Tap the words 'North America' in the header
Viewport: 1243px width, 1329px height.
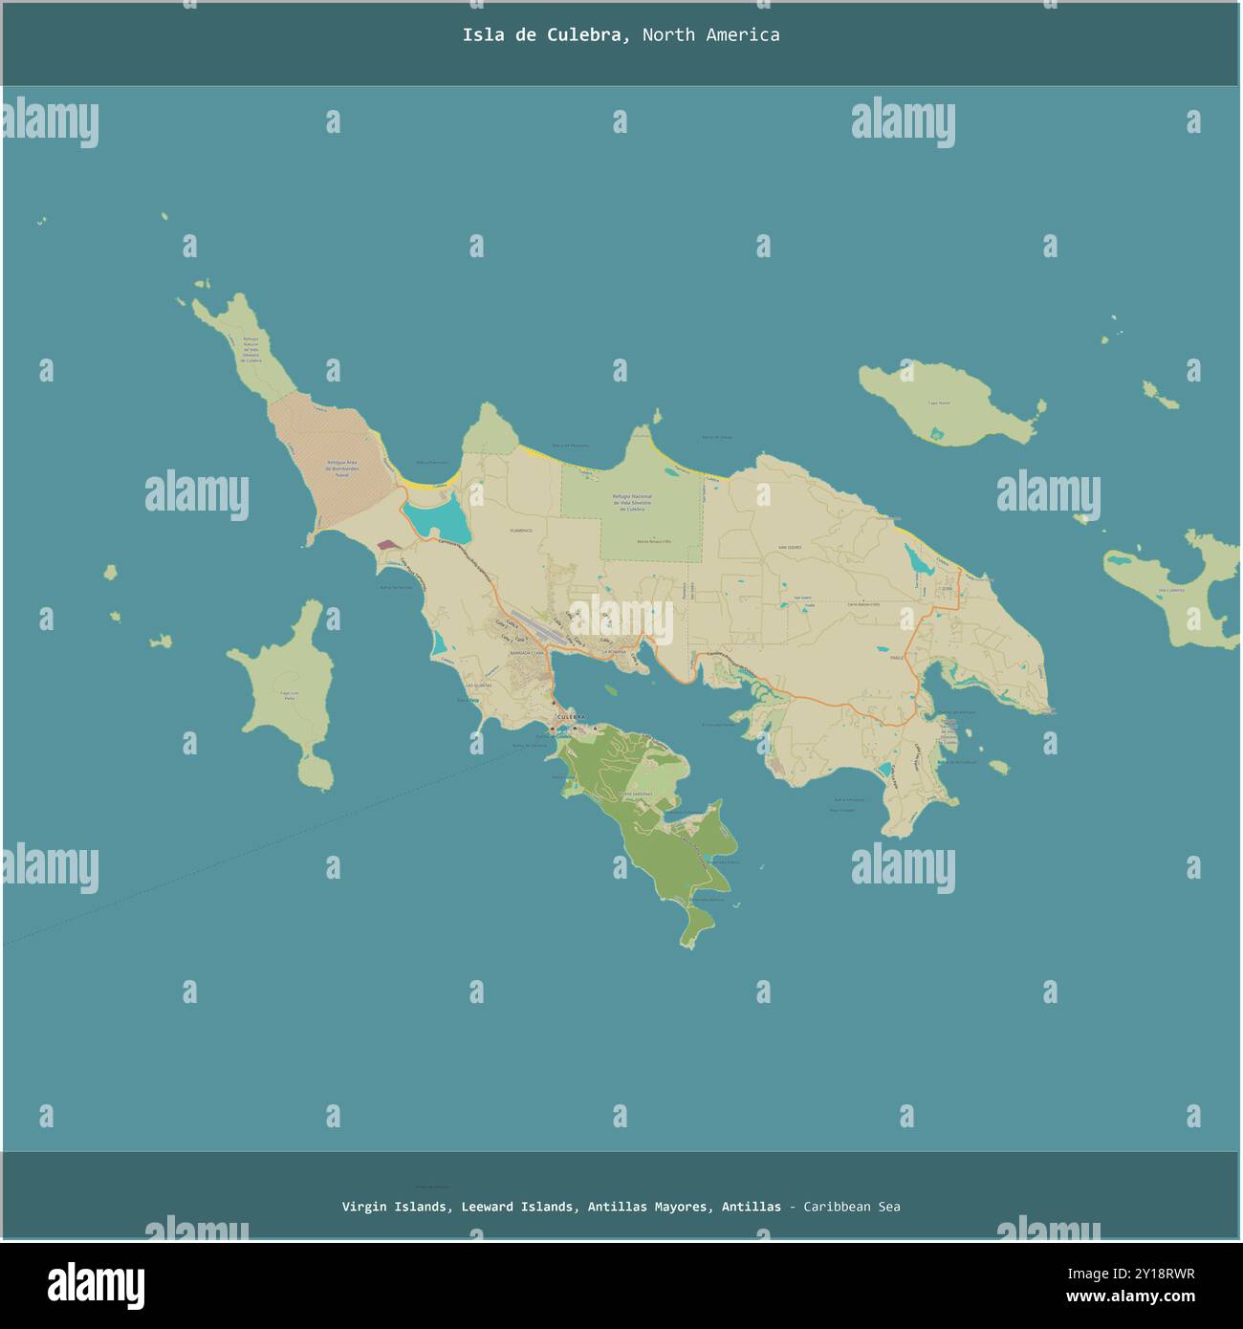(x=710, y=35)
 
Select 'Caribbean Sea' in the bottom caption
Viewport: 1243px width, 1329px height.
(x=851, y=1207)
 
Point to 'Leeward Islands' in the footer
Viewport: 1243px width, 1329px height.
(x=517, y=1207)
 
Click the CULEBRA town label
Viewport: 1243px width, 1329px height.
(x=570, y=715)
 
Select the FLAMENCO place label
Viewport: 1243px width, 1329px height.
(x=520, y=530)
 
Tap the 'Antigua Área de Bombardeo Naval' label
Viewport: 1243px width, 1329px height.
(x=335, y=468)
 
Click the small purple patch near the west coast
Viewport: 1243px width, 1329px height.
(x=385, y=544)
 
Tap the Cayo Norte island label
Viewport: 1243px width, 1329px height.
(x=939, y=403)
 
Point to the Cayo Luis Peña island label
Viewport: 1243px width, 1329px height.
(x=289, y=695)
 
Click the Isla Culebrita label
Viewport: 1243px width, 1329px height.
(x=1171, y=590)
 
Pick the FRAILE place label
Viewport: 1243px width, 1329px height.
(x=896, y=658)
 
